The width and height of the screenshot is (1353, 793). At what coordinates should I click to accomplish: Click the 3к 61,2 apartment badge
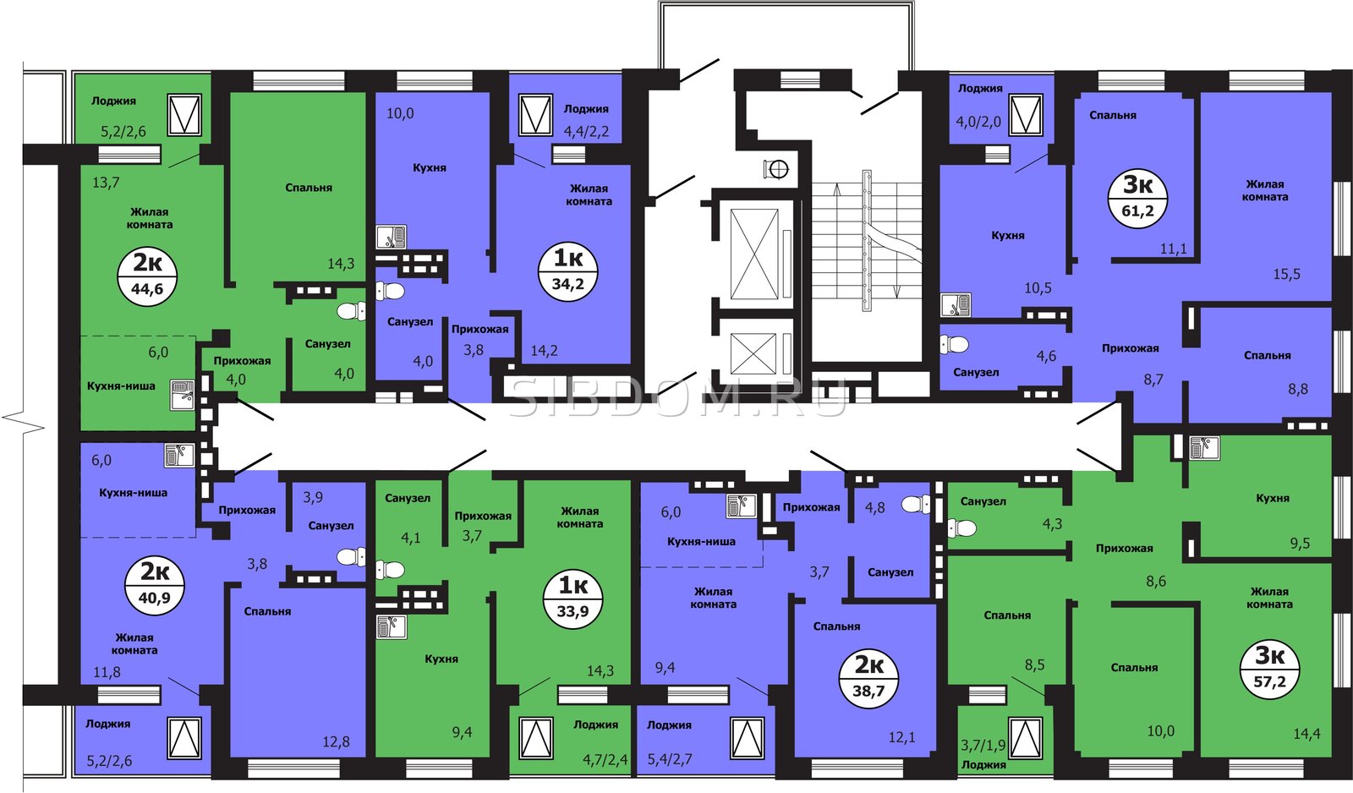pos(1137,198)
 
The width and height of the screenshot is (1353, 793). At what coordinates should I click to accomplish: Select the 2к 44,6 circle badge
pos(147,276)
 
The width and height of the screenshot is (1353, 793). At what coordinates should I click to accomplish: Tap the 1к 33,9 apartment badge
pos(573,598)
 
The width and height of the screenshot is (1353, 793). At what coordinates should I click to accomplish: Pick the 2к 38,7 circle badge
pos(868,678)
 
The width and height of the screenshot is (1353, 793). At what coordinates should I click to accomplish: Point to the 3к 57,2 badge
pos(1269,670)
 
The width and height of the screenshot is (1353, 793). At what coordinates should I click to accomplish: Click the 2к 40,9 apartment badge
pos(155,585)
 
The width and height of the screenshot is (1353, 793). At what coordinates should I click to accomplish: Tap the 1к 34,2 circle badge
pos(568,271)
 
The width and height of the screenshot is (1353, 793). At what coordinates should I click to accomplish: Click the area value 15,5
pos(1286,274)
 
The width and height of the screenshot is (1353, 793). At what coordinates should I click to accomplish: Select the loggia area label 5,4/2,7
pos(670,758)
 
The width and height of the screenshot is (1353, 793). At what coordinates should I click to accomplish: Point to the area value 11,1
pos(1174,249)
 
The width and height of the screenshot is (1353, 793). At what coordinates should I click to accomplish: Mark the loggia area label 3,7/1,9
pos(983,746)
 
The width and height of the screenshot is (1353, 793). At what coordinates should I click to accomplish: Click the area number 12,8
pos(336,741)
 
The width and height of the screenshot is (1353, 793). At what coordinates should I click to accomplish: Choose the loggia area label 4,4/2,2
pos(586,131)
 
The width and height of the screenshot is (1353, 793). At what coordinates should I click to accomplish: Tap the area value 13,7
pos(106,182)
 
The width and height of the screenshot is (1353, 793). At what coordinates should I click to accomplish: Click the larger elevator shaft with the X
pos(753,254)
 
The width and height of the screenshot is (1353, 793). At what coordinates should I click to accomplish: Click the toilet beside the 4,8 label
pos(917,504)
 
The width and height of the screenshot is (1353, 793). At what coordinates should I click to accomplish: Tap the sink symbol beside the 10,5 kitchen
pos(956,305)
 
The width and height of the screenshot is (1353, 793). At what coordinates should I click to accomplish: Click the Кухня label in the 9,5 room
pos(1273,498)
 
